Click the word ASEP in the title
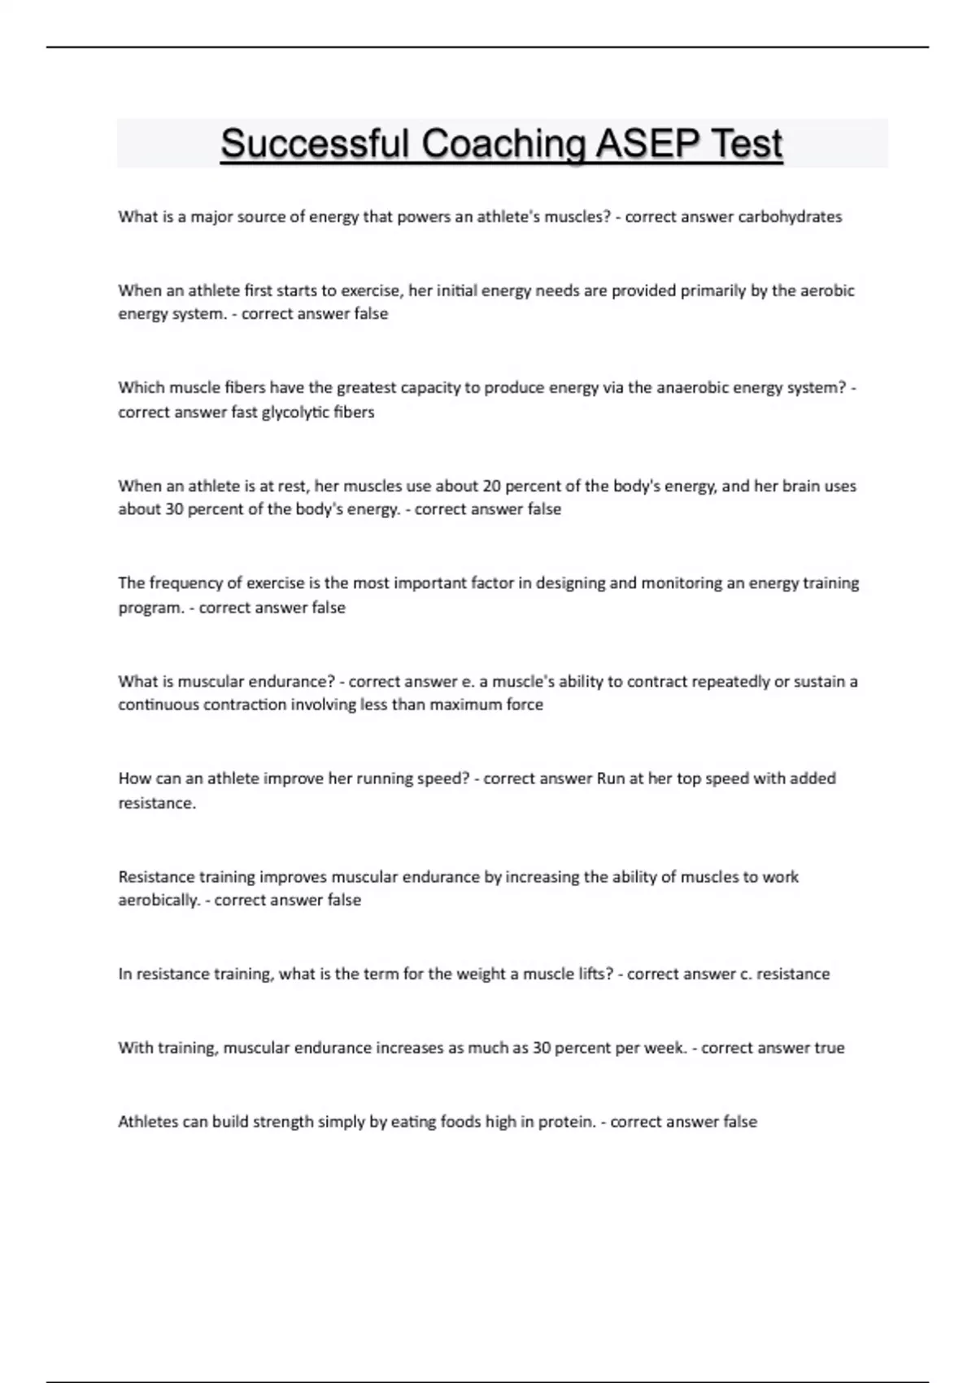tap(647, 143)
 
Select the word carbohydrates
tap(790, 216)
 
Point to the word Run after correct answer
tap(611, 779)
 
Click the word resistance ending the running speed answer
tap(157, 803)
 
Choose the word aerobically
tap(159, 900)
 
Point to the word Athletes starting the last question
tap(147, 1121)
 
